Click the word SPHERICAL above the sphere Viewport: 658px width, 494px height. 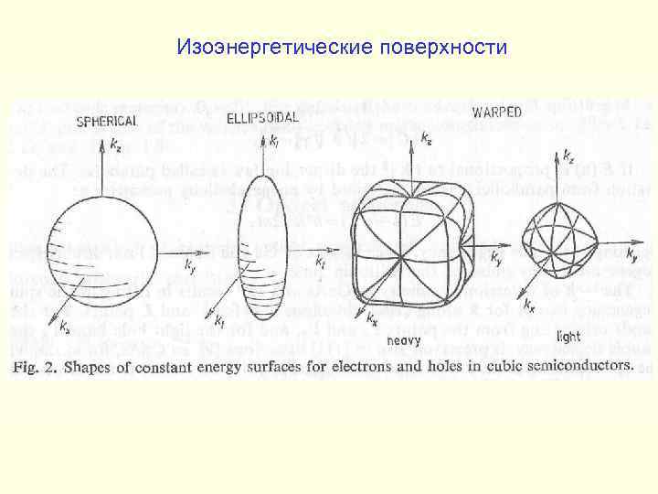pyautogui.click(x=107, y=120)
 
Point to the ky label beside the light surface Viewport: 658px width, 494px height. pyautogui.click(x=634, y=261)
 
